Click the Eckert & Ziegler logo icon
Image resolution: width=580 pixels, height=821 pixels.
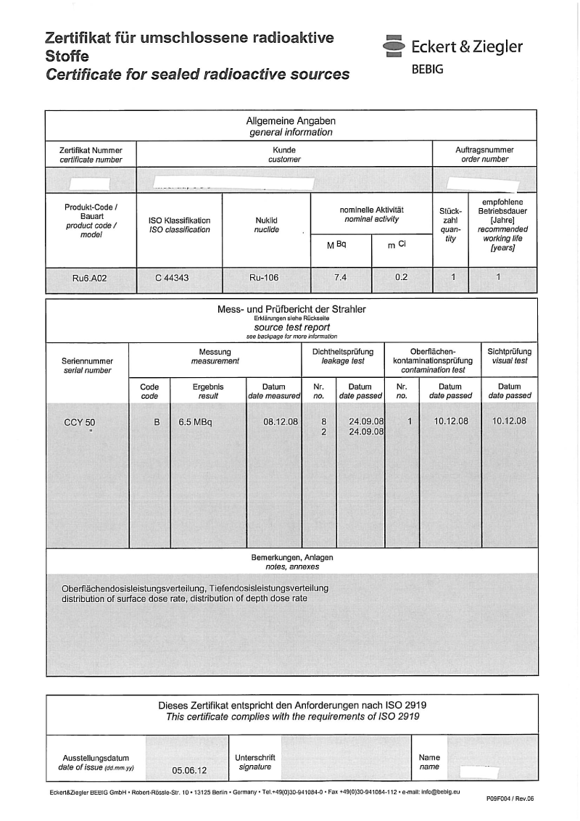coord(394,46)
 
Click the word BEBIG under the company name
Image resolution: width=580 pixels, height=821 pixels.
coord(427,70)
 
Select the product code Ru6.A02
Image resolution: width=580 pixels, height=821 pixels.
coord(90,278)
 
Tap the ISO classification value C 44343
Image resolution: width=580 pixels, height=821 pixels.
coord(172,278)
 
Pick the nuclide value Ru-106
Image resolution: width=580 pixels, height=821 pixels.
coord(264,278)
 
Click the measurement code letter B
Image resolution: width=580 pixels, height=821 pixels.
coord(157,421)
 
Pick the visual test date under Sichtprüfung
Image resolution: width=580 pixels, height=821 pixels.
coord(509,421)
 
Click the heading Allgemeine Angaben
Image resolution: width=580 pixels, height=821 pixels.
coord(291,122)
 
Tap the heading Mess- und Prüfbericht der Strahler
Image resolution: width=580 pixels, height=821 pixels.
coord(291,309)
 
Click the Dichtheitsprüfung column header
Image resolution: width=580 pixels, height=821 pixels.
coord(342,352)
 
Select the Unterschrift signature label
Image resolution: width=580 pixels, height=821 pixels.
coord(255,757)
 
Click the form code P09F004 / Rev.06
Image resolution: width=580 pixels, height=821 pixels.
coord(510,799)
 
